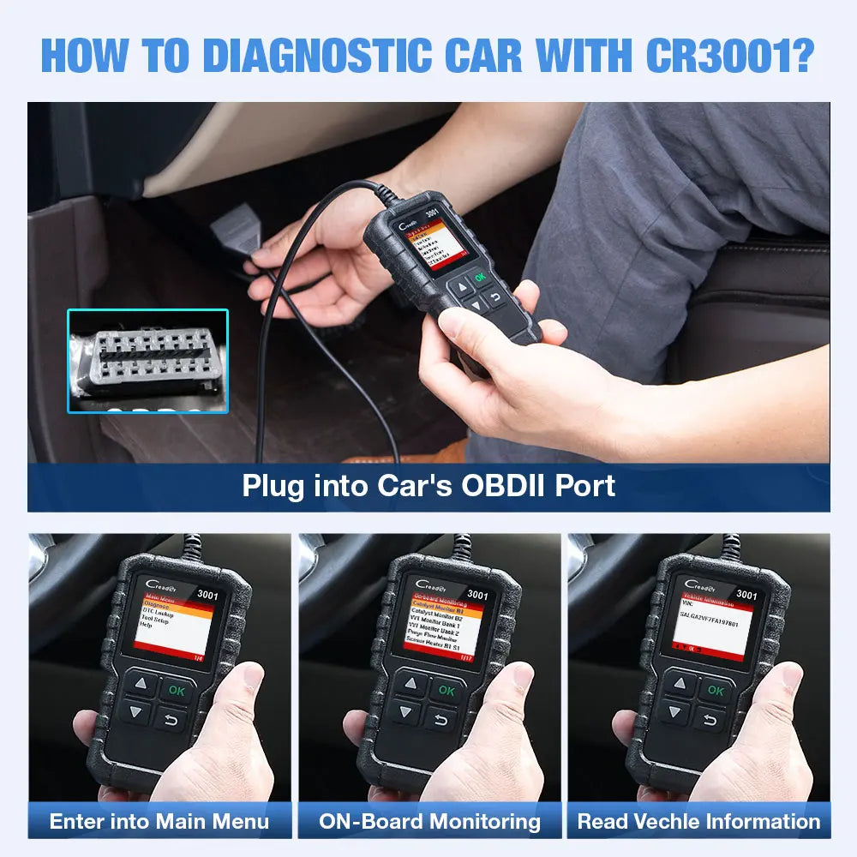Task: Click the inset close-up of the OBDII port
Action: pos(147,361)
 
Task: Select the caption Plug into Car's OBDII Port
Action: pos(428,486)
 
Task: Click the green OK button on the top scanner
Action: pos(480,277)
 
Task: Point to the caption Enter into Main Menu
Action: pos(159,821)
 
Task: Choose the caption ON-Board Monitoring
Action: pos(429,821)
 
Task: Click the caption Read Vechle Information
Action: pos(698,821)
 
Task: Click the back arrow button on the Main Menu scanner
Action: pos(170,718)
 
